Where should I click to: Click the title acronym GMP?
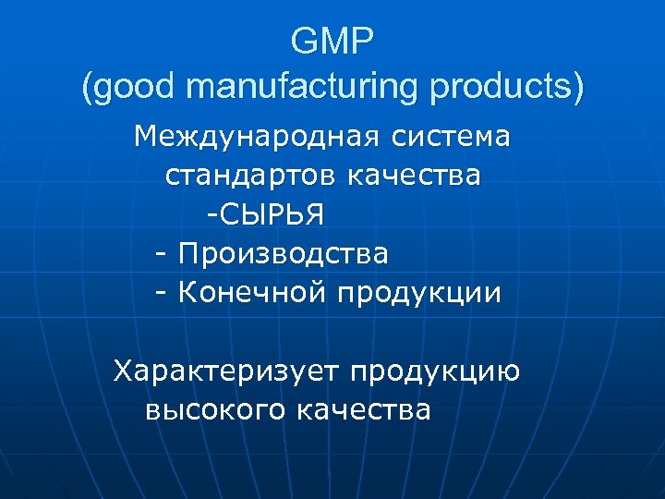point(332,41)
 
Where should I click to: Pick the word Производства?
point(284,253)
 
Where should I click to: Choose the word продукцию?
point(434,372)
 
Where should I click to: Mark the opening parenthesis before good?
point(88,88)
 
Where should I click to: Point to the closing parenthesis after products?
point(578,88)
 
